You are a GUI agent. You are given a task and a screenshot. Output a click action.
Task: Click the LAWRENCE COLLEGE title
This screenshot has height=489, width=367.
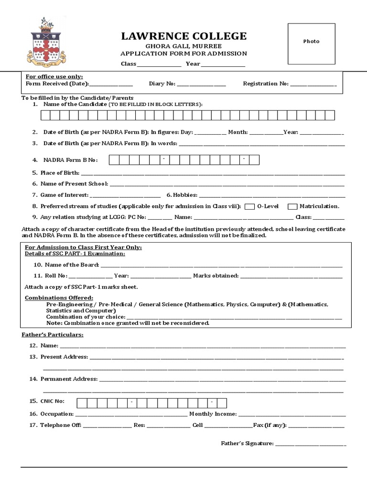point(184,36)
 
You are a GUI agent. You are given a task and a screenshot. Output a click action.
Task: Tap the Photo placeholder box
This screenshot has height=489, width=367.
point(311,42)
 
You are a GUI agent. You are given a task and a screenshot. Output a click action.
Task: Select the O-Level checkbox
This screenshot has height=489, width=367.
point(249,207)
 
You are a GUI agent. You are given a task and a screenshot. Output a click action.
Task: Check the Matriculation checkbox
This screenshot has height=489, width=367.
point(292,207)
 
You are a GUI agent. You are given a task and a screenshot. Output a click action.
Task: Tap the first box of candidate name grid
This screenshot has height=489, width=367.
point(45,115)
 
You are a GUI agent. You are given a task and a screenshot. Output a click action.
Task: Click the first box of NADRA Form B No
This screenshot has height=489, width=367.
point(114,160)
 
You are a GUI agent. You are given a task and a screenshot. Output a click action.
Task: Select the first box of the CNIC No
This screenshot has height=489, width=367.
point(81,403)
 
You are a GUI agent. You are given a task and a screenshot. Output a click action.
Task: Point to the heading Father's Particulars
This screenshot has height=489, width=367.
point(53,335)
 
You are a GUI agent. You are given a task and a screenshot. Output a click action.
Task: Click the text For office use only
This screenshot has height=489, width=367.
point(54,76)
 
